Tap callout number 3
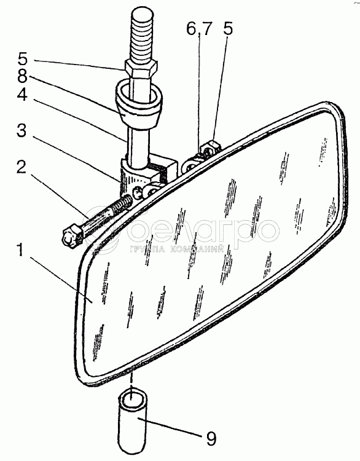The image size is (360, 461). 22,130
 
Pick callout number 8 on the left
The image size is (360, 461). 22,76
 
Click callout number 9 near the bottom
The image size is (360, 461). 211,438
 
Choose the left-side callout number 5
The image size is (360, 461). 22,58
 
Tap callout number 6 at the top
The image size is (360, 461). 191,29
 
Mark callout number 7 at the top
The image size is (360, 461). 206,29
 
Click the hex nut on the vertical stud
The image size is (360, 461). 141,69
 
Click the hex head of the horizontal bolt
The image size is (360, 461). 71,235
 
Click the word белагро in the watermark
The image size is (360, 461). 203,230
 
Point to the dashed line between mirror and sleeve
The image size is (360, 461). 132,380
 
